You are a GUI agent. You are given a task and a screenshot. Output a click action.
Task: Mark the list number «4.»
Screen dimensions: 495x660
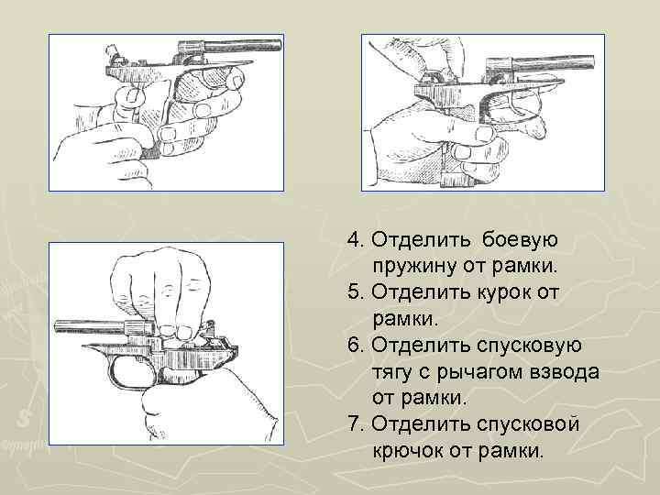(357, 240)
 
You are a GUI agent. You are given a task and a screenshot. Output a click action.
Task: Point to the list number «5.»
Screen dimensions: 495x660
(357, 292)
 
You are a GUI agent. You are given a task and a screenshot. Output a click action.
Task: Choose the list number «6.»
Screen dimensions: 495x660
(357, 346)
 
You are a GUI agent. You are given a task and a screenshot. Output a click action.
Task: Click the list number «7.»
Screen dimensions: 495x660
(357, 425)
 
